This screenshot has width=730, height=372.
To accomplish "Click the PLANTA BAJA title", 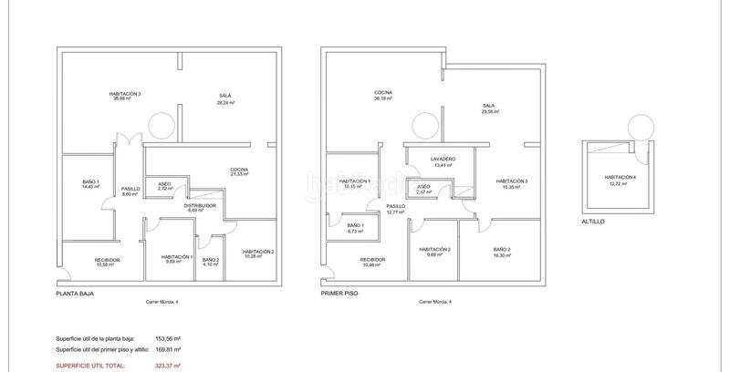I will coord(75,294).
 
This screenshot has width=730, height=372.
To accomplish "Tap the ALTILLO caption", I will coord(592,222).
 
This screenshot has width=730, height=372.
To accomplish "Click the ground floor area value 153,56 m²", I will coord(166,338).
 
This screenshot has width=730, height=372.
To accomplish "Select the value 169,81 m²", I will coord(166,348).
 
